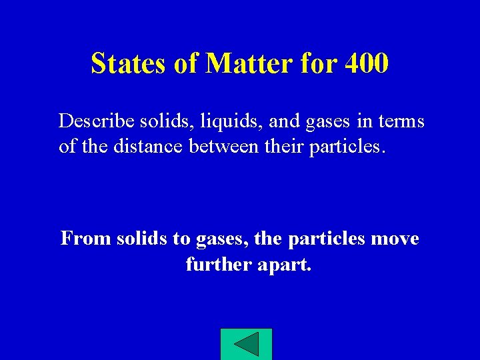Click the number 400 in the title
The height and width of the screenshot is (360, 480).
[x=366, y=64]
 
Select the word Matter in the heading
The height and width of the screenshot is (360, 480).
[x=248, y=64]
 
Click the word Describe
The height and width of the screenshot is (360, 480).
[x=97, y=121]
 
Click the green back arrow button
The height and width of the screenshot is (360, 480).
[x=246, y=345]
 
